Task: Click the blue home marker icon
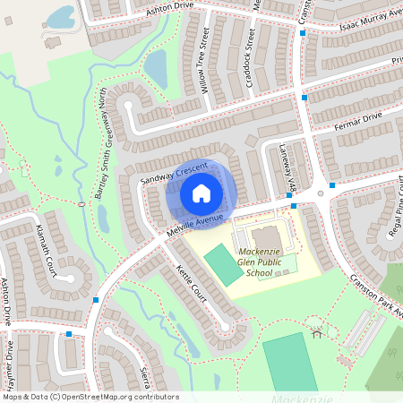(x=201, y=193)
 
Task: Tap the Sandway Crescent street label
(x=174, y=173)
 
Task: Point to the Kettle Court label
(x=191, y=283)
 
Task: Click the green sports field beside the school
(x=223, y=265)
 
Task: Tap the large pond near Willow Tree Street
(x=156, y=67)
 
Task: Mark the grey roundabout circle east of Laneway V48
(x=320, y=193)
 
